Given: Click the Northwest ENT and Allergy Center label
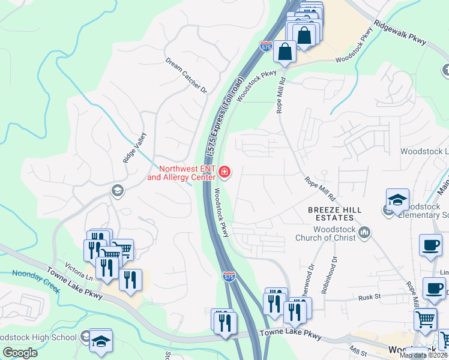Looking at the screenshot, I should tap(181, 173).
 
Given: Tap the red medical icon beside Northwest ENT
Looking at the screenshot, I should tap(224, 173).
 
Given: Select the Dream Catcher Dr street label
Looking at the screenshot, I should tap(186, 76).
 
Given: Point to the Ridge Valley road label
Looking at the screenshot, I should tap(134, 149).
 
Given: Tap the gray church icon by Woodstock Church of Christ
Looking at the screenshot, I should tap(365, 232).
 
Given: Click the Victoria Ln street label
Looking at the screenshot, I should tap(80, 277).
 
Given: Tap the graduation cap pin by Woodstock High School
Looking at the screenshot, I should tap(101, 340).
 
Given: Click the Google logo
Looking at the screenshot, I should tap(20, 353).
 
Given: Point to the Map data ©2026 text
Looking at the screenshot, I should tap(423, 355).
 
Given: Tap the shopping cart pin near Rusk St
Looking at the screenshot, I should tap(425, 319).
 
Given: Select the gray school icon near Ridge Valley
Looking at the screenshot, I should tap(117, 191).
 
